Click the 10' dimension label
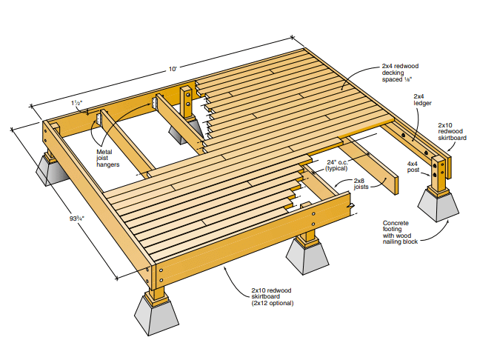tap(173, 69)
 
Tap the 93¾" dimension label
tap(77, 219)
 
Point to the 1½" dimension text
tap(77, 103)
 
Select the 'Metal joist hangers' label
tap(108, 158)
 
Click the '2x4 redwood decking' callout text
tap(400, 73)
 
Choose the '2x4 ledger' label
tap(422, 99)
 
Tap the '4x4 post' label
tap(413, 167)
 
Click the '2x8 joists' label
tap(361, 184)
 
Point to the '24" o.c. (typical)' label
tap(337, 165)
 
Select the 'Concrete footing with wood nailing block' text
tap(400, 233)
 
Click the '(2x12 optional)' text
tap(273, 303)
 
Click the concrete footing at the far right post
tap(438, 205)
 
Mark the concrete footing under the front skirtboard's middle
tap(307, 256)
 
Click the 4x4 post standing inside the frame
tap(186, 102)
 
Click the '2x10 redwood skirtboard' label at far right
tap(452, 132)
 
